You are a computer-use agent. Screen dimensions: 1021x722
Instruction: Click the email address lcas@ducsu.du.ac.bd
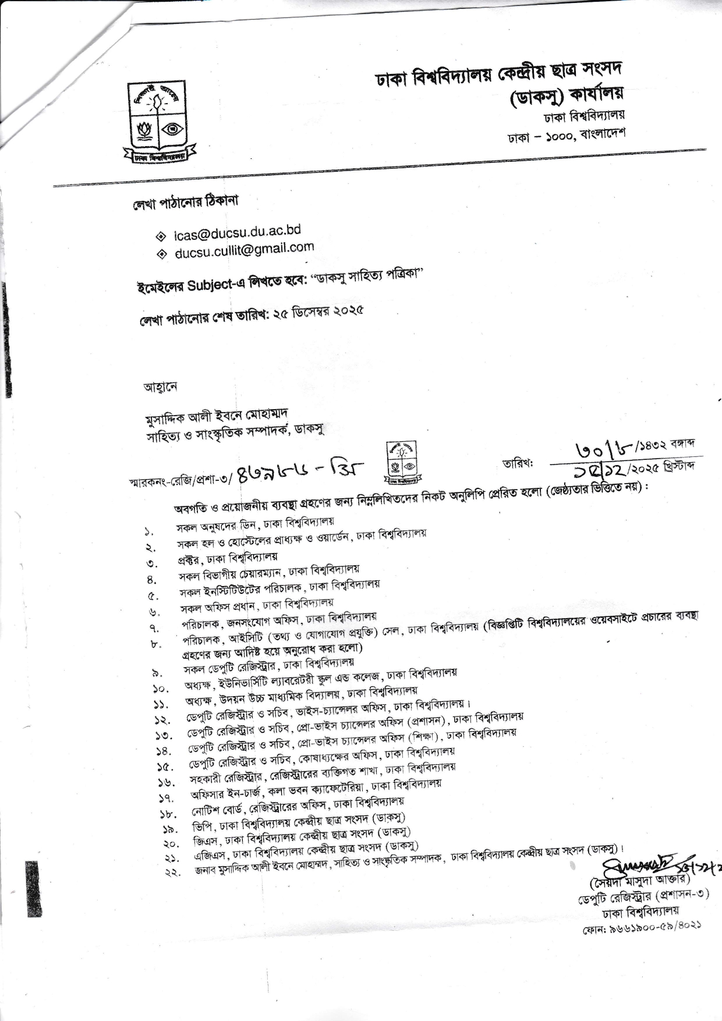pos(237,232)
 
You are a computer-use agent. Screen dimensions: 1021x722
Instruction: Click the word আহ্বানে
pos(160,387)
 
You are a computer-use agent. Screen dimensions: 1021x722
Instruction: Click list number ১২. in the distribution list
pos(161,721)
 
